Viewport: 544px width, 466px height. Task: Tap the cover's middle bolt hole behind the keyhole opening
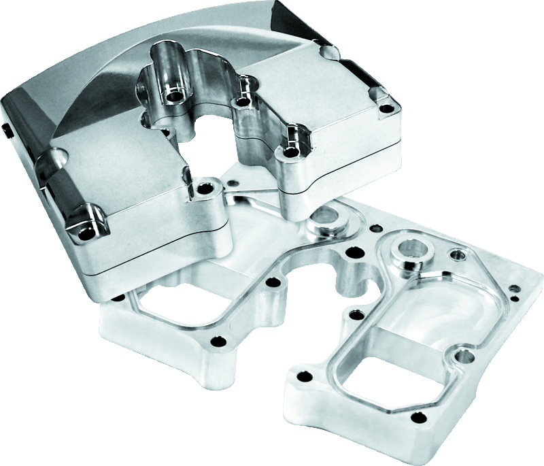click(x=239, y=103)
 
